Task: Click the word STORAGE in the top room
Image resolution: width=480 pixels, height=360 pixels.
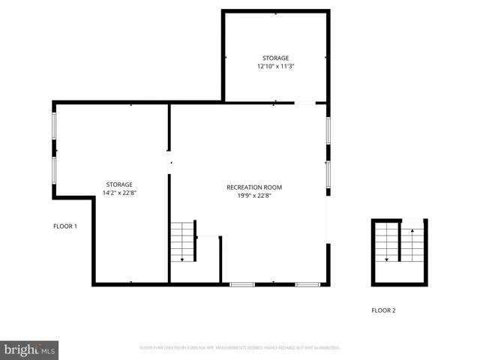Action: (275, 58)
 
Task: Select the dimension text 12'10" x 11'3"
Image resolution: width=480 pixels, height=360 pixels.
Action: (275, 66)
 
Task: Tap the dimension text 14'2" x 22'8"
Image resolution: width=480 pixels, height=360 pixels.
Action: (119, 193)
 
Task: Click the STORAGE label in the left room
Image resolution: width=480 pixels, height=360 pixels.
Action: (119, 184)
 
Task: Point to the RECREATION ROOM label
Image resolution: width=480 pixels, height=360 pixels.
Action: (254, 187)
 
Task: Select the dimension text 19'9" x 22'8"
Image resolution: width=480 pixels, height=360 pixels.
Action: (254, 196)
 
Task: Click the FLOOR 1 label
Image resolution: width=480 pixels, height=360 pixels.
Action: (65, 226)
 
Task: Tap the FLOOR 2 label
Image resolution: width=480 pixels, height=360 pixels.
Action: (383, 310)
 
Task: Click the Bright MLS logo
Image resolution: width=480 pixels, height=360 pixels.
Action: (29, 349)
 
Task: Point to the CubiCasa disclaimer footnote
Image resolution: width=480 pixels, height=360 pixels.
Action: (240, 348)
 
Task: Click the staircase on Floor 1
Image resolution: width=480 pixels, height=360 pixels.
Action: (182, 241)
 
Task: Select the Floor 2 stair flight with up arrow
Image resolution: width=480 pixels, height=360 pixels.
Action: (412, 243)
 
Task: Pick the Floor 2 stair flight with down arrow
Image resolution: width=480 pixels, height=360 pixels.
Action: (387, 243)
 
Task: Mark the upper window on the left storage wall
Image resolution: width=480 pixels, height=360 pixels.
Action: (53, 125)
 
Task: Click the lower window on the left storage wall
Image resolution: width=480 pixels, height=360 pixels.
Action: (53, 169)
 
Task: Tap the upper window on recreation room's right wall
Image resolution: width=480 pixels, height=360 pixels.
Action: (328, 128)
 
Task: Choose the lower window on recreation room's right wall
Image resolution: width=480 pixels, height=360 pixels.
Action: (328, 173)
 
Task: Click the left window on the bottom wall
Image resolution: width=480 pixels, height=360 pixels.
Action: (241, 284)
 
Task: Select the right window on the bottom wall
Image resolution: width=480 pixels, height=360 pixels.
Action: (307, 284)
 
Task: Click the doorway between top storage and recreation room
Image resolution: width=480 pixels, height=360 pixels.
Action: (304, 103)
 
